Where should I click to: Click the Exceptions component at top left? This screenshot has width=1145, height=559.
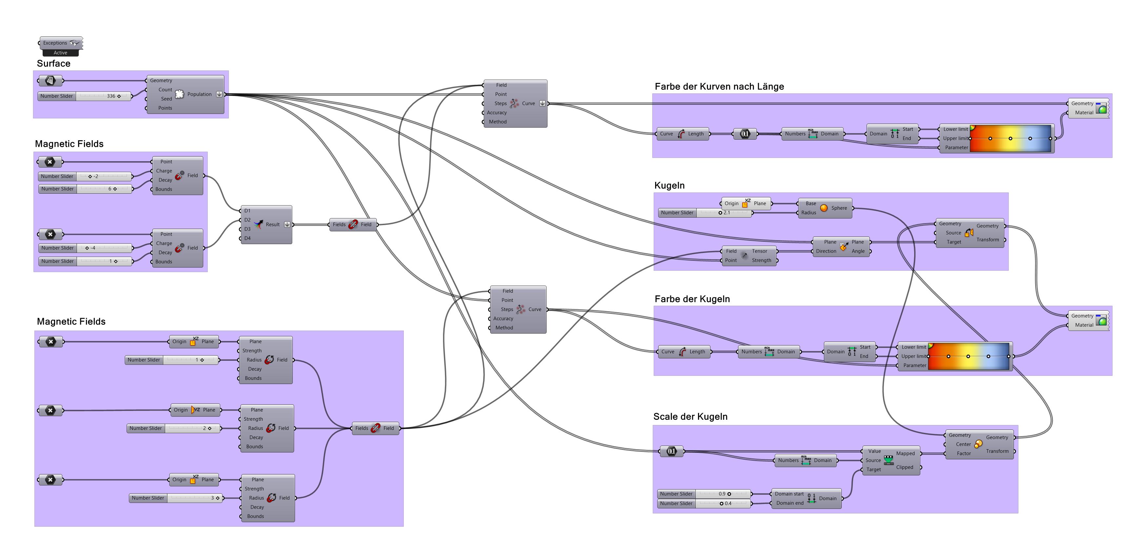pyautogui.click(x=60, y=43)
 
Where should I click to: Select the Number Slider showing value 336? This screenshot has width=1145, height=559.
pyautogui.click(x=85, y=96)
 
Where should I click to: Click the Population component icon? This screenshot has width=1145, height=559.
pyautogui.click(x=180, y=94)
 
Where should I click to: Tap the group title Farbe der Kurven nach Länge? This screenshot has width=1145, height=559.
pyautogui.click(x=719, y=87)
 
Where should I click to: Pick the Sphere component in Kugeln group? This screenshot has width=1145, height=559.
pyautogui.click(x=825, y=208)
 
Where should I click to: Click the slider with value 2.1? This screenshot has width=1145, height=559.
pyautogui.click(x=705, y=213)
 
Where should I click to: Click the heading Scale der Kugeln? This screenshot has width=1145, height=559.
pyautogui.click(x=690, y=417)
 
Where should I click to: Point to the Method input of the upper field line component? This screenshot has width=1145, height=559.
pyautogui.click(x=497, y=122)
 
